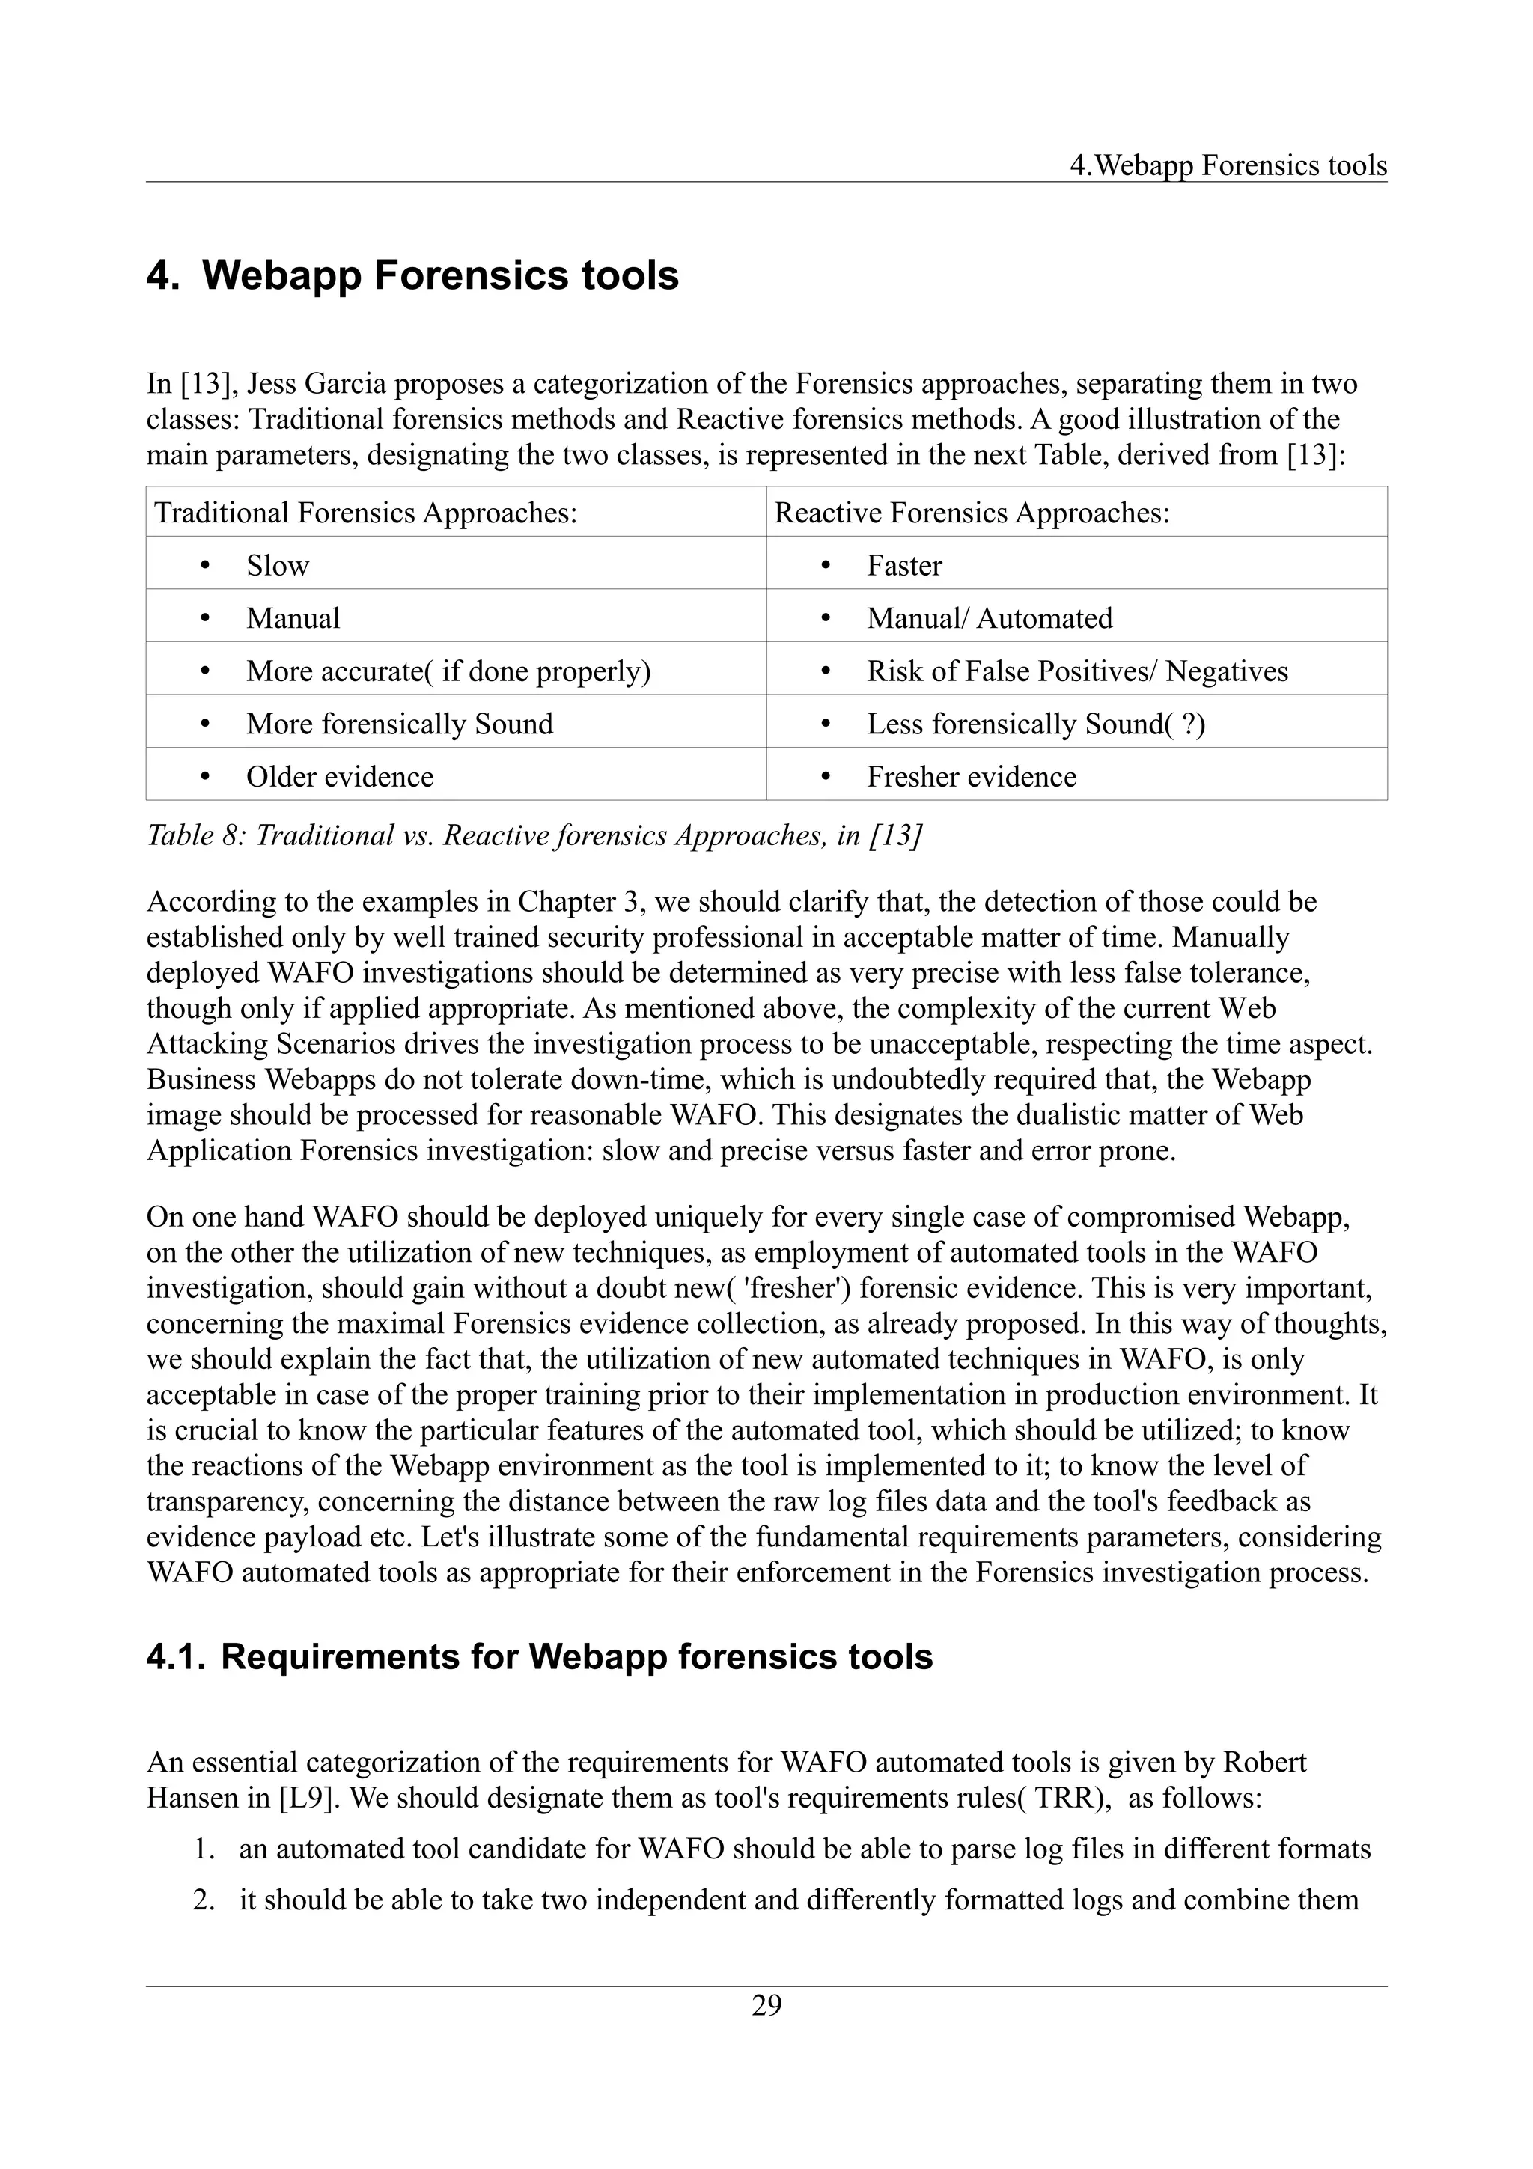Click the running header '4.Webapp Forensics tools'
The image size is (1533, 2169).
tap(1228, 165)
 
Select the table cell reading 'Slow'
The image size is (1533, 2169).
tap(278, 565)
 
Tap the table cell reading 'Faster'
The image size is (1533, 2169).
tap(904, 565)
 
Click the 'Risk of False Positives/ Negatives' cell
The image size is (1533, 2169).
tap(1077, 671)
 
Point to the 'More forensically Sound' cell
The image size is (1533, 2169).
tap(399, 724)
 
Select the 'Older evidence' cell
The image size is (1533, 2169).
tap(340, 777)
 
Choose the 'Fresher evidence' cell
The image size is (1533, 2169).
tap(971, 777)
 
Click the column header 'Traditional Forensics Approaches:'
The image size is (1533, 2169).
tap(365, 512)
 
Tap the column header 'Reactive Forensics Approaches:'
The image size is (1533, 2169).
tap(972, 512)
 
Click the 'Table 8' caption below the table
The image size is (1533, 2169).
tap(534, 835)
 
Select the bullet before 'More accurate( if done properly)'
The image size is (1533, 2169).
tap(205, 671)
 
